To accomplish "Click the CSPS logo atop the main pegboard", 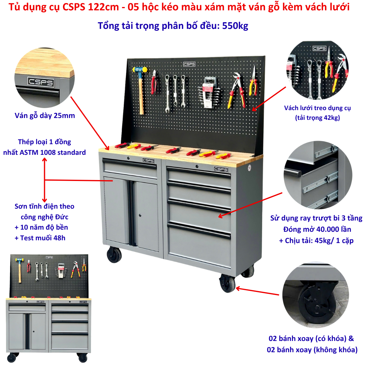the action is pos(189,64).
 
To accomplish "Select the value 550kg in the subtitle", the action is pos(235,26).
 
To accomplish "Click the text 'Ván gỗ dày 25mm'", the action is pos(45,116).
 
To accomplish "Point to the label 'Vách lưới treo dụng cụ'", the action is pos(317,108).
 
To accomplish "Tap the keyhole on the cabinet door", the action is pos(140,215).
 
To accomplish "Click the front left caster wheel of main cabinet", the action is pos(114,255).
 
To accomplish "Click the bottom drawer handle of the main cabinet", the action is pos(199,231).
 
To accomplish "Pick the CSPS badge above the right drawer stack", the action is pos(221,169).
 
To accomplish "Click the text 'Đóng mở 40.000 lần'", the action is pos(317,229).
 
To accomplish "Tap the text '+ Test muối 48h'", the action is pos(40,238).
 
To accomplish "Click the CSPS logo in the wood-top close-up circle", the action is pos(41,82).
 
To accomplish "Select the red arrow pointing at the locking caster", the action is pos(257,291).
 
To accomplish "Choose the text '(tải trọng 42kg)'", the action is pos(318,118).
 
